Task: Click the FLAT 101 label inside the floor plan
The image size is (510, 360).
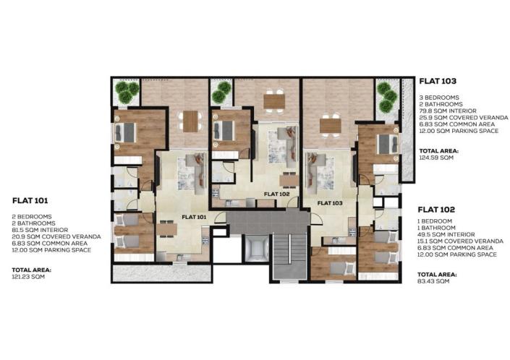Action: [x=193, y=216]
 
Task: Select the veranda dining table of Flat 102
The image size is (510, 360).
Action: [x=274, y=101]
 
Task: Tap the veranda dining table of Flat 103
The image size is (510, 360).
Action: [x=330, y=124]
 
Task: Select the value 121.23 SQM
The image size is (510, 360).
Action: [x=27, y=276]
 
